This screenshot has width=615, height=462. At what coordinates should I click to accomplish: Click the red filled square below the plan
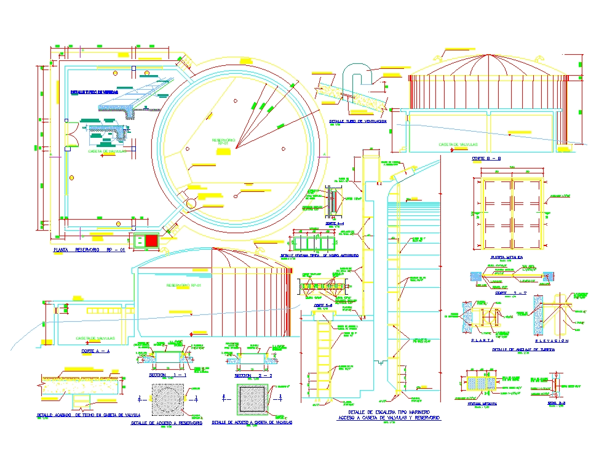(x=151, y=241)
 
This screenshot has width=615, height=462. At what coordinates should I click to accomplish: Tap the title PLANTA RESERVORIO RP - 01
(x=89, y=251)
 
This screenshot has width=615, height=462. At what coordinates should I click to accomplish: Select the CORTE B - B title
(x=486, y=159)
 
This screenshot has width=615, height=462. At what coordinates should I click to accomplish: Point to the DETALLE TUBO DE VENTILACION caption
(x=358, y=121)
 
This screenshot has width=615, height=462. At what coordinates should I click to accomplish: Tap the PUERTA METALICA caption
(x=507, y=257)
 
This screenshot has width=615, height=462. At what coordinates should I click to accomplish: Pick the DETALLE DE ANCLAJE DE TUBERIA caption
(x=523, y=349)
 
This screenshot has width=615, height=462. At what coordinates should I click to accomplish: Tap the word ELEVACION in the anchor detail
(x=552, y=340)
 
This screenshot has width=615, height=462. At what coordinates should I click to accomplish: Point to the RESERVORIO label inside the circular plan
(x=224, y=140)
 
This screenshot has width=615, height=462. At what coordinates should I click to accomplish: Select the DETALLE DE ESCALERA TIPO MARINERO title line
(x=389, y=412)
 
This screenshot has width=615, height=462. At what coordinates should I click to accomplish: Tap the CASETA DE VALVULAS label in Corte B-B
(x=458, y=145)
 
